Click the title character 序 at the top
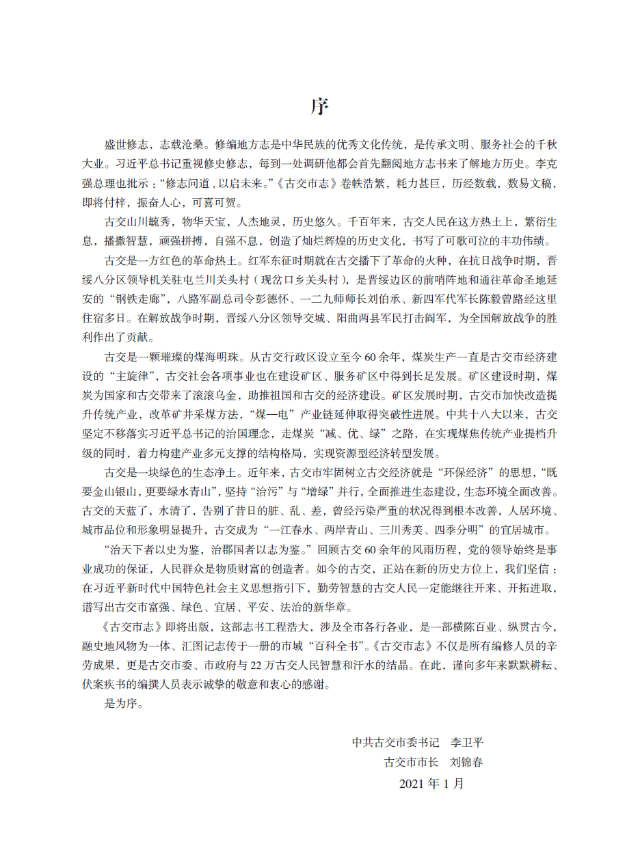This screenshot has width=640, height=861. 319,107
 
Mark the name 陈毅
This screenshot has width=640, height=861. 515,298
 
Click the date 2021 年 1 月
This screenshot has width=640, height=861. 431,784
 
